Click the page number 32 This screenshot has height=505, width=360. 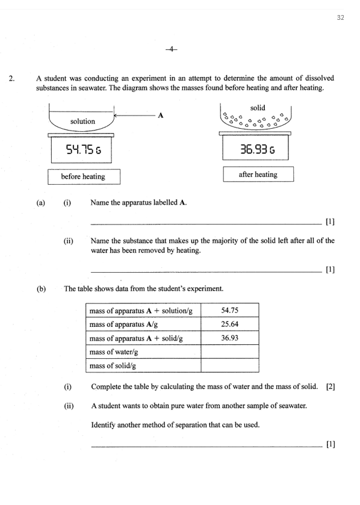tap(340, 17)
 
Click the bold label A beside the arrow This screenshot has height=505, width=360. tap(160, 115)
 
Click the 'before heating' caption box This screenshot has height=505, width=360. tap(84, 176)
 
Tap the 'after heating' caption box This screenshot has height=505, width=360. tap(258, 175)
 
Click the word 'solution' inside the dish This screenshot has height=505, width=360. tap(82, 121)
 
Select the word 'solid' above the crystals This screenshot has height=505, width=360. tap(258, 107)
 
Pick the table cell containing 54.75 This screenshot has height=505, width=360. tap(230, 311)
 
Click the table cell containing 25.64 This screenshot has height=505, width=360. tap(230, 324)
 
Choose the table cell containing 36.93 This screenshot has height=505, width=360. tap(230, 338)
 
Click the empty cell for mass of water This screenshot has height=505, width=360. tap(230, 352)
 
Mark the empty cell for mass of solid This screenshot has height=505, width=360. tap(230, 365)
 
